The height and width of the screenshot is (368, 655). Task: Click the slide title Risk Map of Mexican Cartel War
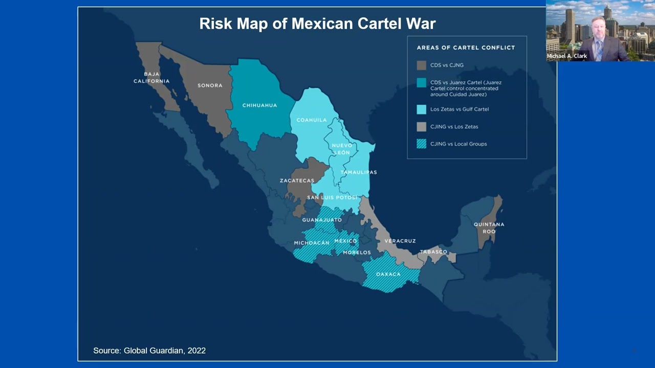[x=317, y=24]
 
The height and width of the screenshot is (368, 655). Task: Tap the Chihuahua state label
[x=259, y=105]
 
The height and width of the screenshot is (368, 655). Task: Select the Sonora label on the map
[x=210, y=85]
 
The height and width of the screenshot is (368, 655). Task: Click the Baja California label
[x=151, y=78]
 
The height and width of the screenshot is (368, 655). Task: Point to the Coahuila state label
[x=311, y=120]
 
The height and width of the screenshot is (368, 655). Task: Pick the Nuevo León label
[x=342, y=149]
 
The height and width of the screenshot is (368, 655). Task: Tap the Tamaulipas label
[x=358, y=172]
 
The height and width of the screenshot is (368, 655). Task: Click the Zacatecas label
[x=297, y=180]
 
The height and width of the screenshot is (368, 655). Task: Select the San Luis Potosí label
[x=332, y=197]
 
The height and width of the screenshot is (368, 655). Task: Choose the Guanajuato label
[x=322, y=220]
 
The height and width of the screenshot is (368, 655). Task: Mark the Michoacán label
[x=312, y=243]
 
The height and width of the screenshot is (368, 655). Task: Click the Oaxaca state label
[x=388, y=274]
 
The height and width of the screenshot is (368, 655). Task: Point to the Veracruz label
[x=400, y=241]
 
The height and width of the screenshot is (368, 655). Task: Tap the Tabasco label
[x=433, y=251]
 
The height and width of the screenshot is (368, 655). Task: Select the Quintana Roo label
[x=489, y=228]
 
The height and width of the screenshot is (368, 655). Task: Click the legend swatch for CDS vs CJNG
[x=421, y=65]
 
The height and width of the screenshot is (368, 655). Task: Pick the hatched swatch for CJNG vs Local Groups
[x=421, y=144]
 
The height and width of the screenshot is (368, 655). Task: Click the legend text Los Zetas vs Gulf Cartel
[x=460, y=109]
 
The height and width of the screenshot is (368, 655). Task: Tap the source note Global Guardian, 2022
[x=149, y=351]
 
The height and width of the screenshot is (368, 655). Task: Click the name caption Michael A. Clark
[x=567, y=56]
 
